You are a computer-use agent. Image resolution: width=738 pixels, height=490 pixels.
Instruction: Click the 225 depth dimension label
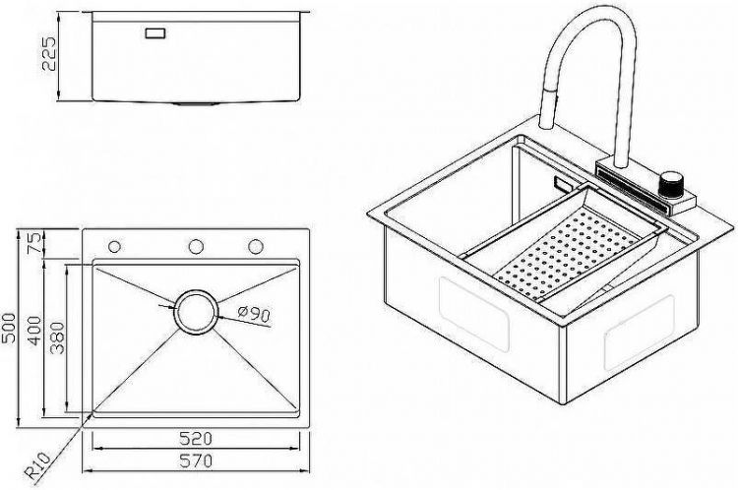click(x=49, y=54)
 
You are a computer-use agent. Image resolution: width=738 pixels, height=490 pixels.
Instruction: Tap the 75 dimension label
click(x=35, y=241)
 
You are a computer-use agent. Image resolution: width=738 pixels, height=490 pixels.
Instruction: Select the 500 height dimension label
click(x=9, y=328)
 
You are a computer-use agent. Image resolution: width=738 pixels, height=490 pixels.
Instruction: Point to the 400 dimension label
click(x=35, y=331)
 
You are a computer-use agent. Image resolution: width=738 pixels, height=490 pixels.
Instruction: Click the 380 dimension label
click(x=57, y=337)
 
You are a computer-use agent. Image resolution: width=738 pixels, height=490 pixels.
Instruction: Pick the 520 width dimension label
click(x=196, y=439)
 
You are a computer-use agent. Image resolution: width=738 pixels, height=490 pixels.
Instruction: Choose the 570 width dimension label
click(x=196, y=460)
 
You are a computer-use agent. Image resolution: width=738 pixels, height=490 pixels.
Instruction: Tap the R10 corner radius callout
click(x=37, y=465)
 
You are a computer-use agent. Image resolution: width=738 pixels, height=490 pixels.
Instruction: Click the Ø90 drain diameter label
click(x=255, y=313)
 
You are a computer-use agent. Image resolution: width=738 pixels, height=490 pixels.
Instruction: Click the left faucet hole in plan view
click(x=114, y=246)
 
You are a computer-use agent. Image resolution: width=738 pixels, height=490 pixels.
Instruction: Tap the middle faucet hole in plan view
click(x=196, y=246)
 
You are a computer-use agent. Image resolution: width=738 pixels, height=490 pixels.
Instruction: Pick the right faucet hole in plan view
click(x=256, y=246)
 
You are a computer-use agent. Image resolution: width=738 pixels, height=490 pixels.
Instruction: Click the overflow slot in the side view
click(x=155, y=33)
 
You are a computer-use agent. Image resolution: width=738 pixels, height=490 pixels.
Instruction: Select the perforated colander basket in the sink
click(x=566, y=250)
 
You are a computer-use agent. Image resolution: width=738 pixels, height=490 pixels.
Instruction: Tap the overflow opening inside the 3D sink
click(x=562, y=183)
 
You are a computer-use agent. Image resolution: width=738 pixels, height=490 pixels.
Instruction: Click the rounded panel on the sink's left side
click(x=473, y=314)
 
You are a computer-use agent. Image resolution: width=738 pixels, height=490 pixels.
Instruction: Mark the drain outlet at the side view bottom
click(x=196, y=103)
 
